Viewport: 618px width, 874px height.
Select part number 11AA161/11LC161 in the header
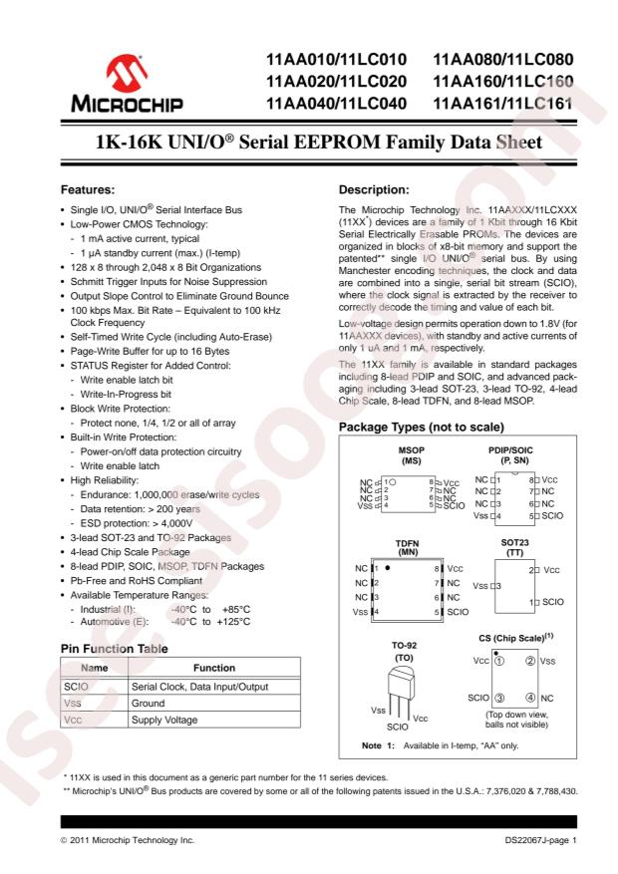tap(504, 104)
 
